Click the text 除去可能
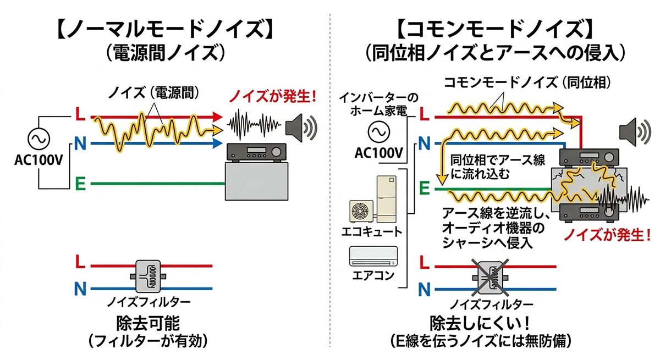pyautogui.click(x=148, y=322)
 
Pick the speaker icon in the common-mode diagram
pyautogui.click(x=631, y=130)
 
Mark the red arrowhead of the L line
pyautogui.click(x=216, y=117)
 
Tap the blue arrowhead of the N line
pyautogui.click(x=216, y=144)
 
